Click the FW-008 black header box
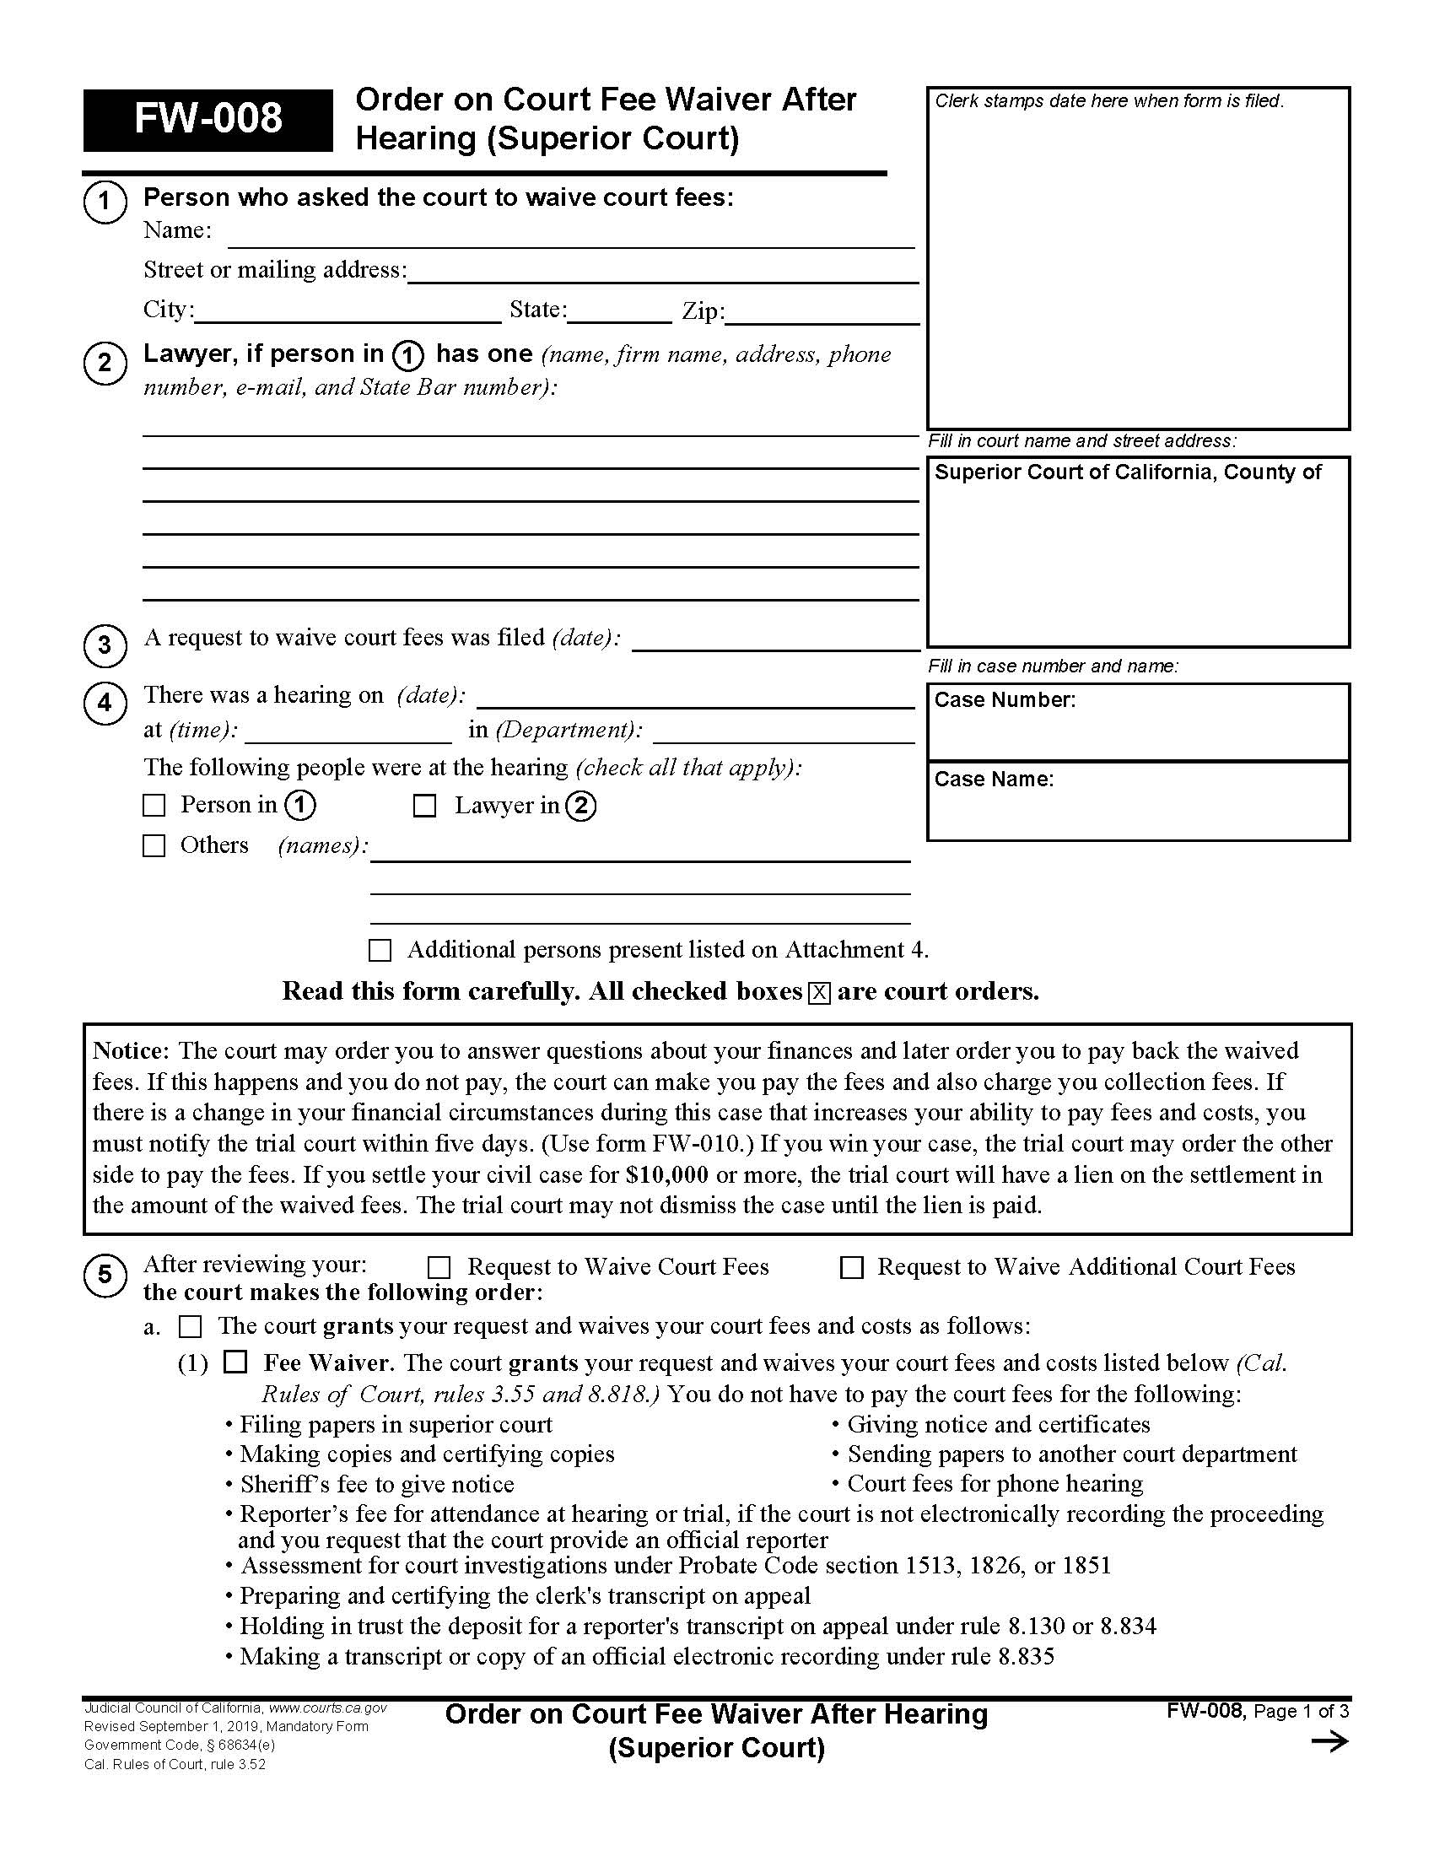coord(208,120)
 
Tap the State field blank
coord(619,313)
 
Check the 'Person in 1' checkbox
coord(154,806)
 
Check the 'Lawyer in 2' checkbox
coord(424,806)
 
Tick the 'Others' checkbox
coord(154,845)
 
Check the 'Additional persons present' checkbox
coord(380,950)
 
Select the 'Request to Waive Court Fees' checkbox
coord(439,1268)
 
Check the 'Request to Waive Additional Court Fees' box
coord(851,1268)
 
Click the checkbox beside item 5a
coord(191,1326)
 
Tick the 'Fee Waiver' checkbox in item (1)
coord(235,1363)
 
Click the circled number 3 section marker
coord(105,645)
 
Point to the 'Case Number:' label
coord(1004,700)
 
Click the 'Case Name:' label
coord(993,780)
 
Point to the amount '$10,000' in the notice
coord(666,1175)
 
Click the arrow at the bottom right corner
coord(1329,1743)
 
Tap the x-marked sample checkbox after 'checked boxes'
coord(819,993)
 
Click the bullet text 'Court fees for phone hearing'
coord(995,1484)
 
